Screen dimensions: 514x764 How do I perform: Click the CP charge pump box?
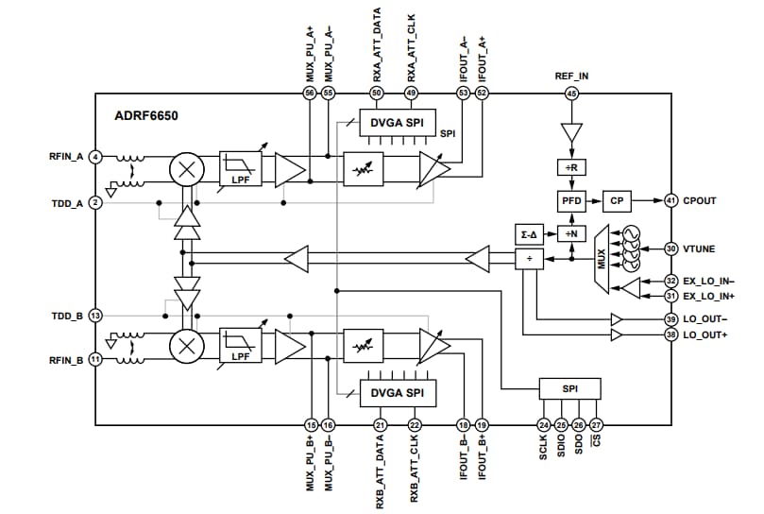coord(616,200)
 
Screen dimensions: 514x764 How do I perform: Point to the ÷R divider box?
coord(571,167)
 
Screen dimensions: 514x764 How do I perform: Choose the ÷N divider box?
coord(571,233)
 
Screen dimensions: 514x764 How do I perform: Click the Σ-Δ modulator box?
coord(529,233)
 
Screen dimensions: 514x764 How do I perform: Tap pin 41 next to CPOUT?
coord(671,200)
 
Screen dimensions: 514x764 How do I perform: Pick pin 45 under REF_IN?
coord(571,93)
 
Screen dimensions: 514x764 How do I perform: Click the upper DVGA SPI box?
coord(398,123)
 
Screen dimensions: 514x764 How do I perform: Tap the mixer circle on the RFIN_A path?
coord(186,171)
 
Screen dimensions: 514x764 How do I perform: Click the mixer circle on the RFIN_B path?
coord(186,346)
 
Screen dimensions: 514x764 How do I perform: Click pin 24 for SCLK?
coord(544,425)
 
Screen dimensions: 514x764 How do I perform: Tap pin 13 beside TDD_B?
coord(95,316)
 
